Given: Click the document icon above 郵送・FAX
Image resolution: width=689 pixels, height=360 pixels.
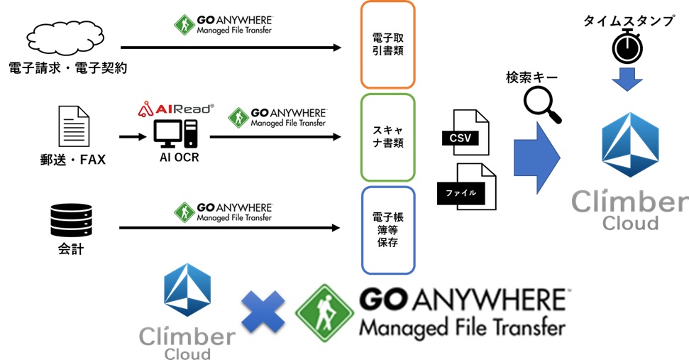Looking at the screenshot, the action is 75,126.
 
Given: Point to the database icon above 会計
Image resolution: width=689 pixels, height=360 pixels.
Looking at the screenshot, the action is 72,220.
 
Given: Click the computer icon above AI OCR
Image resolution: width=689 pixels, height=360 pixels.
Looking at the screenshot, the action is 175,134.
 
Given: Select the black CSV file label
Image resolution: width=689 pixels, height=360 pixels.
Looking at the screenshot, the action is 460,138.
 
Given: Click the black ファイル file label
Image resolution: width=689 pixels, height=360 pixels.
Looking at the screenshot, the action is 461,193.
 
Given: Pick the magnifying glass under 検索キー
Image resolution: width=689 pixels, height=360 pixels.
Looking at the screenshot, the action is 542,104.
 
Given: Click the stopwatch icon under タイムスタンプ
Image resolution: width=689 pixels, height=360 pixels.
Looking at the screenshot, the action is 628,47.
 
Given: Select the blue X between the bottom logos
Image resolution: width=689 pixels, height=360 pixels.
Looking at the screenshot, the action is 263,312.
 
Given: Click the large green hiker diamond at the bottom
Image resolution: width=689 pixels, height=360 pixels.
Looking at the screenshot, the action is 325,313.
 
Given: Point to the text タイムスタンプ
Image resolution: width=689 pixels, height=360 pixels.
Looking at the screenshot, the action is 629,20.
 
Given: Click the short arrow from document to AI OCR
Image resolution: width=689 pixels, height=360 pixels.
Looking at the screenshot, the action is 133,137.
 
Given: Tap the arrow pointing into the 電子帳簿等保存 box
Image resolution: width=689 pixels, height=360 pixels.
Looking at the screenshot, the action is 229,228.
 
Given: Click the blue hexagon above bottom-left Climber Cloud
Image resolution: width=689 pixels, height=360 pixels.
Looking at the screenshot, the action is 187,290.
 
